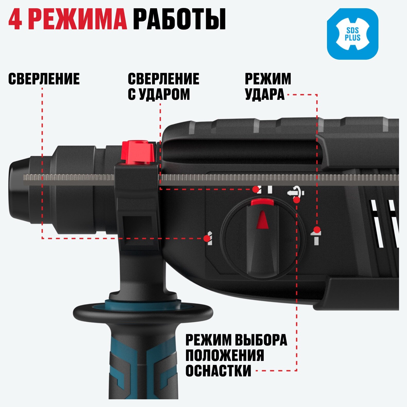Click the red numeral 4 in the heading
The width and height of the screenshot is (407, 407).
point(15,20)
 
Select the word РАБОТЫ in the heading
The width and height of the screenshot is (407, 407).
point(179,20)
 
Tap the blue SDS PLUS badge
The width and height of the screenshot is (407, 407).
point(352,34)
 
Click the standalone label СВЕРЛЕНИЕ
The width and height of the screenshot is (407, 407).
point(44,79)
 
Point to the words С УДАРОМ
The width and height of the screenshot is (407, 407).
point(159,94)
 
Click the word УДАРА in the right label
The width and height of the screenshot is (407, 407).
point(265,94)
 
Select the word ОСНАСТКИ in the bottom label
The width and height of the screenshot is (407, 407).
point(218,370)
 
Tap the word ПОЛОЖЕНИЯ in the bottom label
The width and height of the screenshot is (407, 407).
point(225,355)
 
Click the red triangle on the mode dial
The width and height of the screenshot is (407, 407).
point(263,220)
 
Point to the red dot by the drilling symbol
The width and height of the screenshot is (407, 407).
point(207,238)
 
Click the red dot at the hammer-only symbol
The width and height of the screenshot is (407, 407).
point(317,229)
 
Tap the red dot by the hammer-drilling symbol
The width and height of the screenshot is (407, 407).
point(256,190)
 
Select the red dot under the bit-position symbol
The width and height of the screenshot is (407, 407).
point(297,200)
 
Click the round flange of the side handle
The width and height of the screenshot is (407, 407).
point(143,313)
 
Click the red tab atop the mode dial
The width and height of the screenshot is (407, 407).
point(262,202)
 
